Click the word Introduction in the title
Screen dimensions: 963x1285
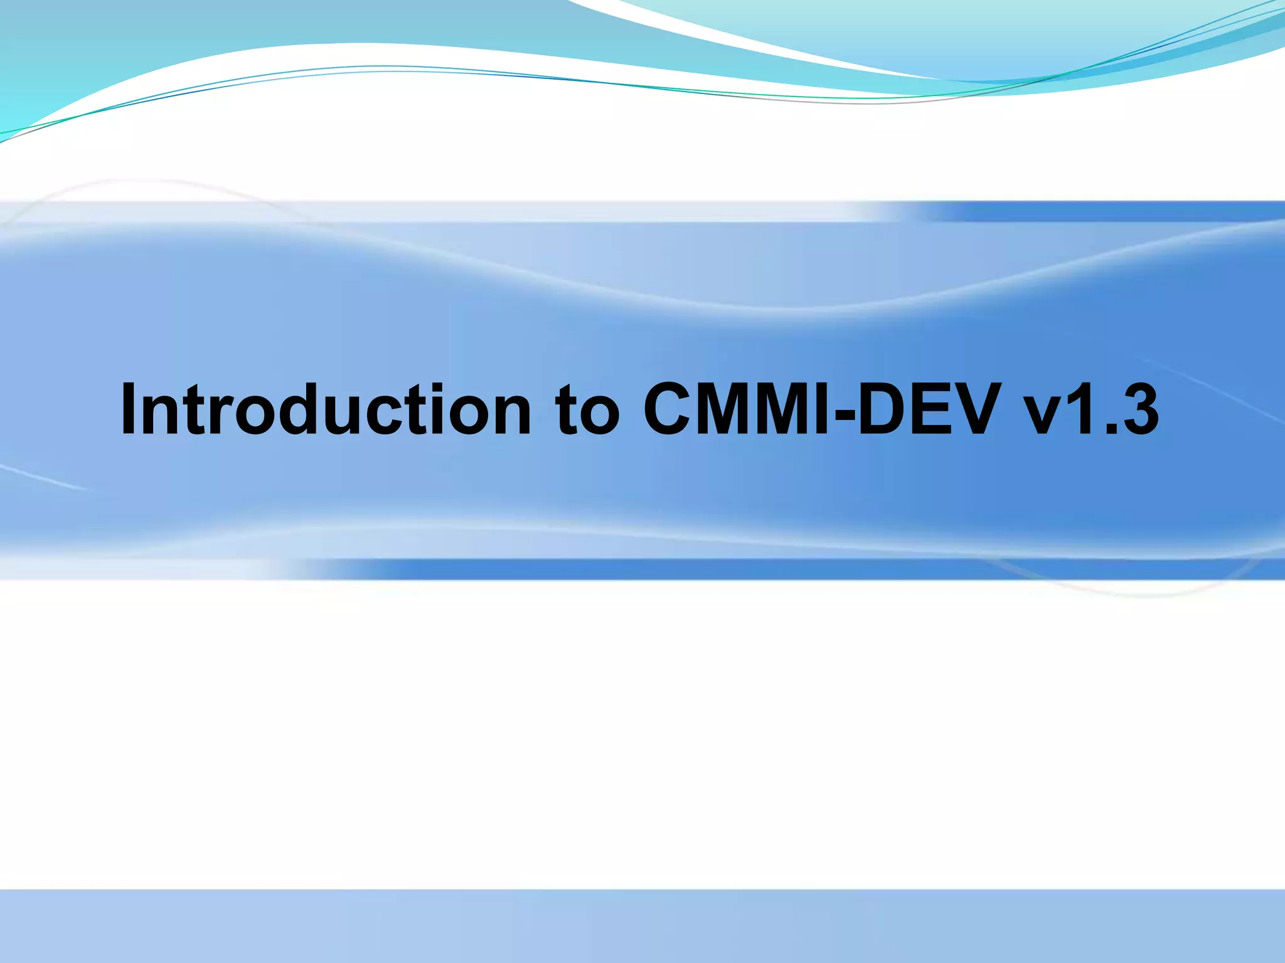coord(326,411)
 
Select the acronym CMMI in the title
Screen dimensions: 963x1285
coord(740,411)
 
